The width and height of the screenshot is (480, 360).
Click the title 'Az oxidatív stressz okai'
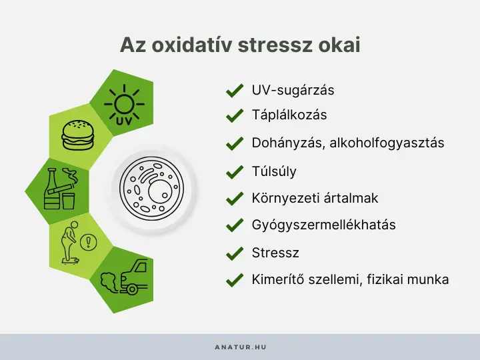240,45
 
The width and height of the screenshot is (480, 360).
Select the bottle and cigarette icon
59,189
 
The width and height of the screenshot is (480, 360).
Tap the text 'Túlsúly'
274,171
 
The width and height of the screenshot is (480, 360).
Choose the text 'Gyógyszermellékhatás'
323,225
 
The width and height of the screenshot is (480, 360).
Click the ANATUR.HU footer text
240,347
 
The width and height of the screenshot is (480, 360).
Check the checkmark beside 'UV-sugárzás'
234,91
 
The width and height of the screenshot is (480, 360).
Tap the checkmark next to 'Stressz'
234,254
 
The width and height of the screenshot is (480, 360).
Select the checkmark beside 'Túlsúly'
234,172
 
